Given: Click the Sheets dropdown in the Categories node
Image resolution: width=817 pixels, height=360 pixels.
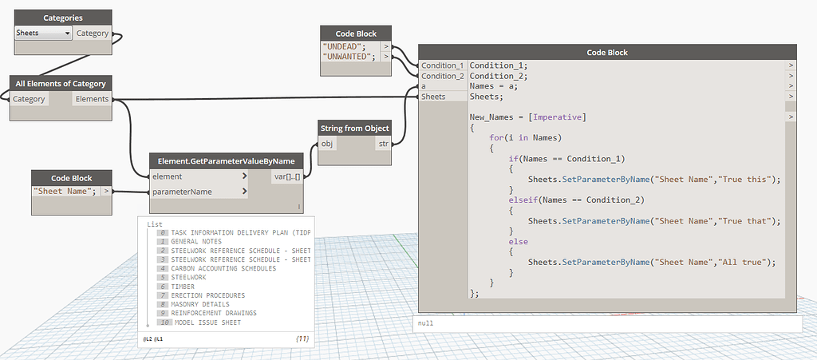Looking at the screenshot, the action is pyautogui.click(x=43, y=34).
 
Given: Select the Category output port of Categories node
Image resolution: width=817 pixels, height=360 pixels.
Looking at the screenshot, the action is pyautogui.click(x=93, y=34).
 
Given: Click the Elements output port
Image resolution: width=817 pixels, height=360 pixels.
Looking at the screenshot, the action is pyautogui.click(x=92, y=99).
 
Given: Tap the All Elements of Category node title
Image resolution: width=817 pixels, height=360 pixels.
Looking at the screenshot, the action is pyautogui.click(x=61, y=83).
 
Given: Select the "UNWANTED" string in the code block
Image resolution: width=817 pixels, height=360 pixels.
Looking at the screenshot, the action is pyautogui.click(x=349, y=57).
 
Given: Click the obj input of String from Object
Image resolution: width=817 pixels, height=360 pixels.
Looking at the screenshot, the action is pyautogui.click(x=326, y=143).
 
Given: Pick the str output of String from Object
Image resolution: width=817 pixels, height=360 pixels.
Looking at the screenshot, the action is pyautogui.click(x=382, y=143).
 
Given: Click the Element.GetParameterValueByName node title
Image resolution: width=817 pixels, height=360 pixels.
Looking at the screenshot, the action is pyautogui.click(x=226, y=161).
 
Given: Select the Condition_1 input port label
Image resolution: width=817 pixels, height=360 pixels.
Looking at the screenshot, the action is pyautogui.click(x=442, y=65).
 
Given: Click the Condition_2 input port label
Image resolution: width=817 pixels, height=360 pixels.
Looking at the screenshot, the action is pyautogui.click(x=442, y=76).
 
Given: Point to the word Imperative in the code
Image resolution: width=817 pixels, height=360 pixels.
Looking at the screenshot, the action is pyautogui.click(x=558, y=117).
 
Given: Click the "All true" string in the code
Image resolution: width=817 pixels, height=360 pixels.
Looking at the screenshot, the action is pyautogui.click(x=746, y=263).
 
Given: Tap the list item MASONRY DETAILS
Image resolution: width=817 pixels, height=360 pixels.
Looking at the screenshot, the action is pyautogui.click(x=200, y=304).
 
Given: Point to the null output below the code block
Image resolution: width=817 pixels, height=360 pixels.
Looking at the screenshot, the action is pyautogui.click(x=426, y=323).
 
